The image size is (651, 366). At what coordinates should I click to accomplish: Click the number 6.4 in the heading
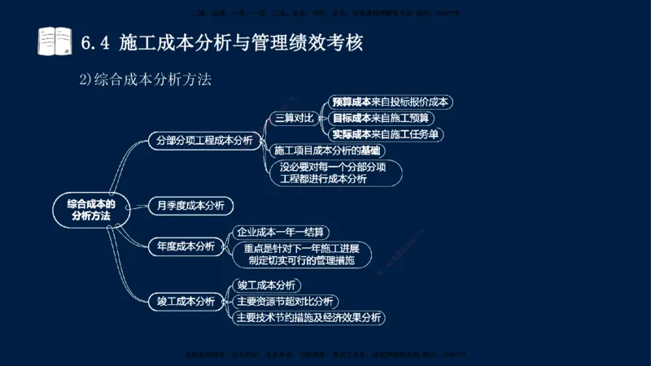coord(97,41)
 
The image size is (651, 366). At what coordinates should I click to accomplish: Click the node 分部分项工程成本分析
coord(203,140)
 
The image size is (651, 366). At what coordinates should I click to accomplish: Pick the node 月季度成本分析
coord(190,205)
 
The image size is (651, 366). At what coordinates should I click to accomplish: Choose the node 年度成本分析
coord(186,246)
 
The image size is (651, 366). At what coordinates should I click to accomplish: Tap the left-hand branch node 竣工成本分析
coord(186,301)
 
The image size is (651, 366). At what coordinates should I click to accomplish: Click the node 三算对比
coord(294,118)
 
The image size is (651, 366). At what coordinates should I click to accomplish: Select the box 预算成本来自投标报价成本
coord(391,102)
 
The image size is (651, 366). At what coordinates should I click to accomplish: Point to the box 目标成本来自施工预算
coord(381,118)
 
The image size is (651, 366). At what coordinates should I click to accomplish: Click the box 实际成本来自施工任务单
coord(387,134)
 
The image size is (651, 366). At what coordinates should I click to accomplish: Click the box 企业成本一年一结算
coord(280,232)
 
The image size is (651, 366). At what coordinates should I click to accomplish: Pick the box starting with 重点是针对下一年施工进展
coord(302,255)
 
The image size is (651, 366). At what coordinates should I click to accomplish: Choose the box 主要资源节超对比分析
coord(284,302)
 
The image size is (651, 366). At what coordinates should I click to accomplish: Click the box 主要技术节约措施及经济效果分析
coord(308,318)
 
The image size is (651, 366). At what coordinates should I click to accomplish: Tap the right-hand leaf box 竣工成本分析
coord(265,285)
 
